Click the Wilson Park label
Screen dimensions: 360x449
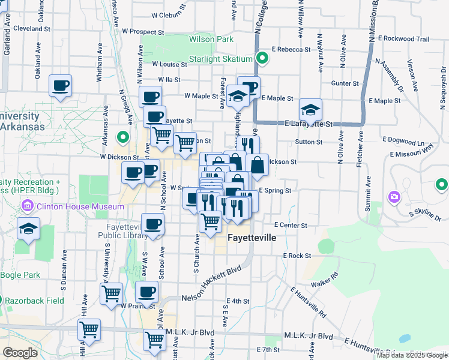click(211, 39)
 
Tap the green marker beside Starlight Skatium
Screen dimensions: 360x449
click(262, 58)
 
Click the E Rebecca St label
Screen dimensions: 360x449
click(291, 50)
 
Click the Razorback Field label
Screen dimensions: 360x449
click(31, 299)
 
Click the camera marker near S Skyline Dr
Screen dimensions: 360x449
click(394, 197)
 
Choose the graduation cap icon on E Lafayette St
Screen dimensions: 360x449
click(310, 110)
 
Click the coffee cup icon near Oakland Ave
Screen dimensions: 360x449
click(60, 86)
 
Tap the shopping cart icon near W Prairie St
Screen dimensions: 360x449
click(111, 294)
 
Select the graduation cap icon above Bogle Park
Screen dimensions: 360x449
click(28, 229)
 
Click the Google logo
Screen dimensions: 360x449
click(20, 353)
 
